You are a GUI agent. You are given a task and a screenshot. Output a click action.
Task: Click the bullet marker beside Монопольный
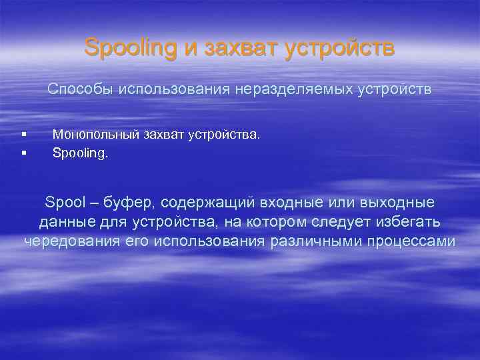(x=23, y=135)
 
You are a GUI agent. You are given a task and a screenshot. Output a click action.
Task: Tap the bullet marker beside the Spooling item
(x=23, y=153)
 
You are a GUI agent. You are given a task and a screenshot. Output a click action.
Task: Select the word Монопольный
(x=96, y=135)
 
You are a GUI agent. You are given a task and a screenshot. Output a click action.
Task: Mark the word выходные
(x=397, y=202)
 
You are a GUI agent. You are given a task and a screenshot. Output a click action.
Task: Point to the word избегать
(x=406, y=221)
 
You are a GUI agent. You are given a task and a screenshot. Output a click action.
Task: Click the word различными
(x=313, y=241)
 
